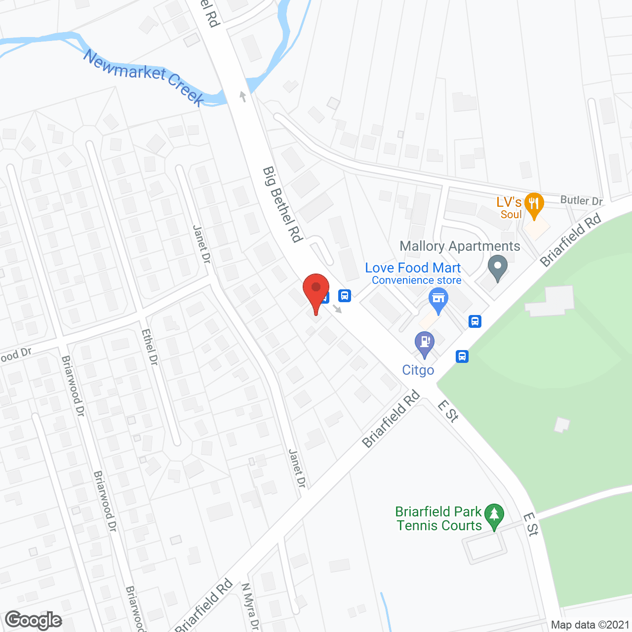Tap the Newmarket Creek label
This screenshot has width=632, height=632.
(144, 78)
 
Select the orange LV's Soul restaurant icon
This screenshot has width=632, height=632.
(534, 205)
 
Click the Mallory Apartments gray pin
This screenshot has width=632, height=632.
(497, 267)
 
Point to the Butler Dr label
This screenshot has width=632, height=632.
(582, 200)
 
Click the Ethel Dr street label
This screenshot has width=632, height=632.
(150, 348)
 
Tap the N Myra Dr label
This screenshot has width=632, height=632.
(250, 606)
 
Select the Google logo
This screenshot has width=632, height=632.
(34, 620)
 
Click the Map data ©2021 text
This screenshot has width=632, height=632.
(590, 625)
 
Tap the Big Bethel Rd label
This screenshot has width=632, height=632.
(282, 204)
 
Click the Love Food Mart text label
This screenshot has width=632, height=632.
(413, 268)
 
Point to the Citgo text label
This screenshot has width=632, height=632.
(418, 370)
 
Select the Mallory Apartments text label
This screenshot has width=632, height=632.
(460, 246)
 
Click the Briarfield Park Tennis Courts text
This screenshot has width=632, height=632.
(439, 518)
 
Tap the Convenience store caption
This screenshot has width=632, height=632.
(417, 280)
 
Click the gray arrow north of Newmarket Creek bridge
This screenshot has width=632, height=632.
(242, 96)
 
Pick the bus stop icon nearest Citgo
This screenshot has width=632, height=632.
(462, 356)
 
